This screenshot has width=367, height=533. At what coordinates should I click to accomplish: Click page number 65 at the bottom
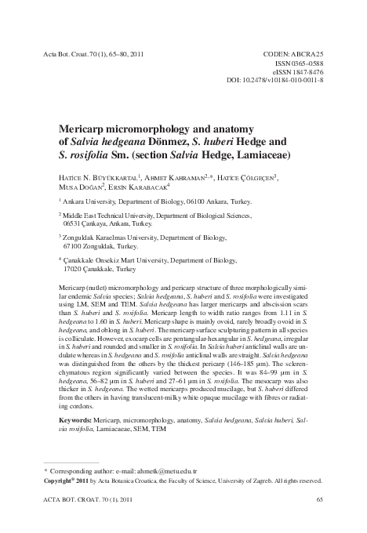pos(318,499)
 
